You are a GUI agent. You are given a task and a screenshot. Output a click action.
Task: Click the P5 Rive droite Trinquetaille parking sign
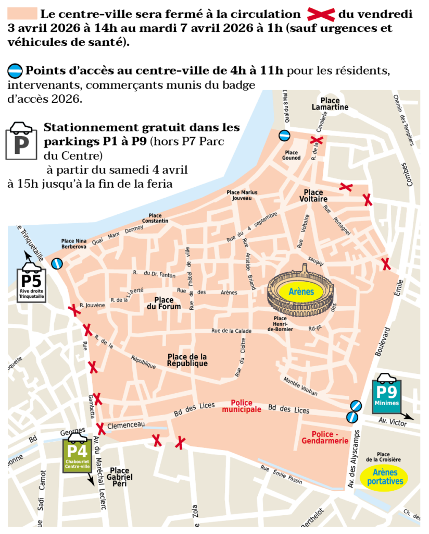32,284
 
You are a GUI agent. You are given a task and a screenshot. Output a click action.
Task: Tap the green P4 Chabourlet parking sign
78,454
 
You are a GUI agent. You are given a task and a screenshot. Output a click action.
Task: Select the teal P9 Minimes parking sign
387,395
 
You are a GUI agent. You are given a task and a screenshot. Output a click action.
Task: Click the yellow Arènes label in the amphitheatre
302,292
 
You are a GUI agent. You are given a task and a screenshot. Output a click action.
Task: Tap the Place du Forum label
168,304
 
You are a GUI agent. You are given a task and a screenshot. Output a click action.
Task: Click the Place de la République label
187,360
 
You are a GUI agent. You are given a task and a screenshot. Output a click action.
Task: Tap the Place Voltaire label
313,196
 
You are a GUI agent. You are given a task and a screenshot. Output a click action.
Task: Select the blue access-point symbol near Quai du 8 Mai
284,136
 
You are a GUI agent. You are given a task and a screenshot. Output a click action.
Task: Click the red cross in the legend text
321,14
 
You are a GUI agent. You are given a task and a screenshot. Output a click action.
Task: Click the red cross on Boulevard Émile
386,264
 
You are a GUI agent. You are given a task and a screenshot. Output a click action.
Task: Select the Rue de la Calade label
231,331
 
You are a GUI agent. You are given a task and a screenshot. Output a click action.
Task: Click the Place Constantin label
158,218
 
